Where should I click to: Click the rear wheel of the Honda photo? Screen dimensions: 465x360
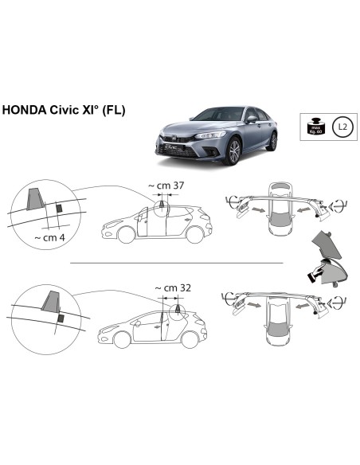272,142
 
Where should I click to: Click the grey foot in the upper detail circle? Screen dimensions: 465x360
35,197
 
